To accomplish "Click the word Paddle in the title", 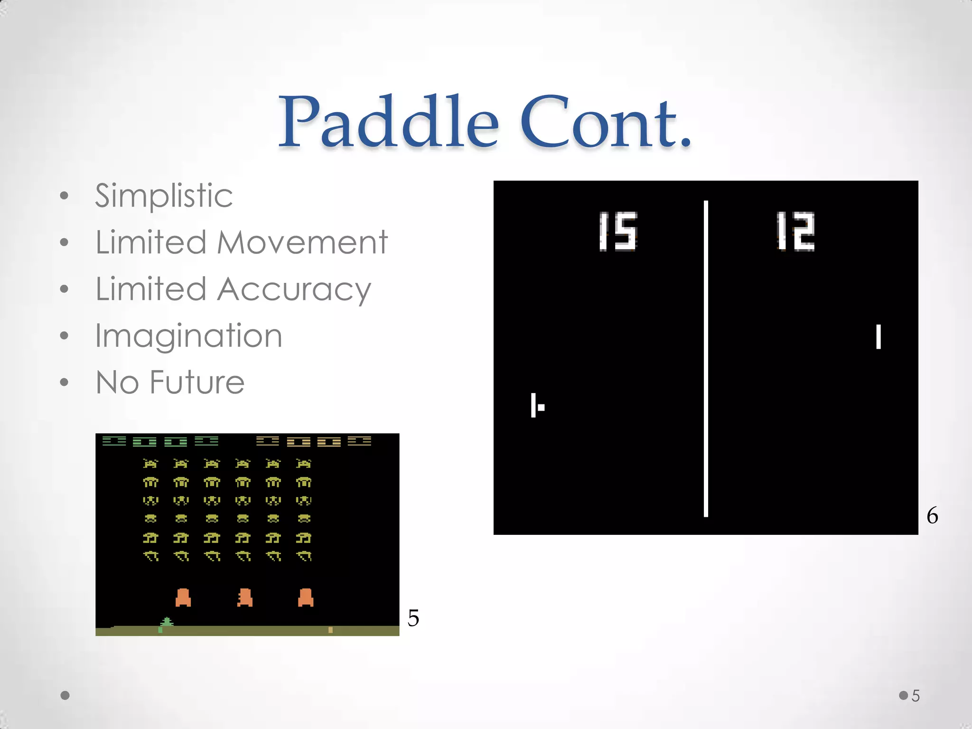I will coord(388,122).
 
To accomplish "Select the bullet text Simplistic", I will coord(164,196).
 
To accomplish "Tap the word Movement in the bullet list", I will coord(302,243).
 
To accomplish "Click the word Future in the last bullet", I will coord(197,383).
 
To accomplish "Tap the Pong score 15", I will coord(617,231).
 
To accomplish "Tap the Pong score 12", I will coord(795,231).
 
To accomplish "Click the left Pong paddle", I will coord(533,405).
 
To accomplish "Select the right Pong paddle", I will coord(879,336).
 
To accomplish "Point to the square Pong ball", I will coord(541,407).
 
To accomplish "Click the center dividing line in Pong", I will coord(706,358).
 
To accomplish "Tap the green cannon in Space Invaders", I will coord(167,622).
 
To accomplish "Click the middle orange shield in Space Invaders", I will coord(244,598).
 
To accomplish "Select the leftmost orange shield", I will coord(183,598).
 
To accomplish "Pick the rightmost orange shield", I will coord(306,598).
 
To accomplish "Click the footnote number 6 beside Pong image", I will coord(932,515).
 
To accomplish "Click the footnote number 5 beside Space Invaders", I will coord(413,618).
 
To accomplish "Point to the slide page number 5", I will coord(916,696).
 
